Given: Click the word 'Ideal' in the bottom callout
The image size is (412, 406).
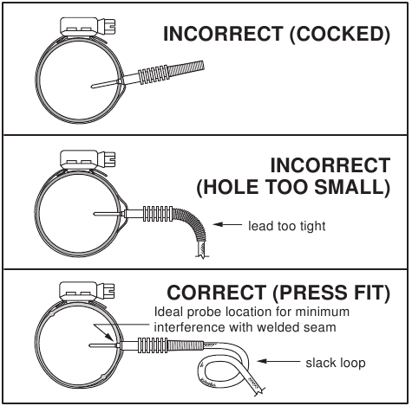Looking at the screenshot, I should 167,312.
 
